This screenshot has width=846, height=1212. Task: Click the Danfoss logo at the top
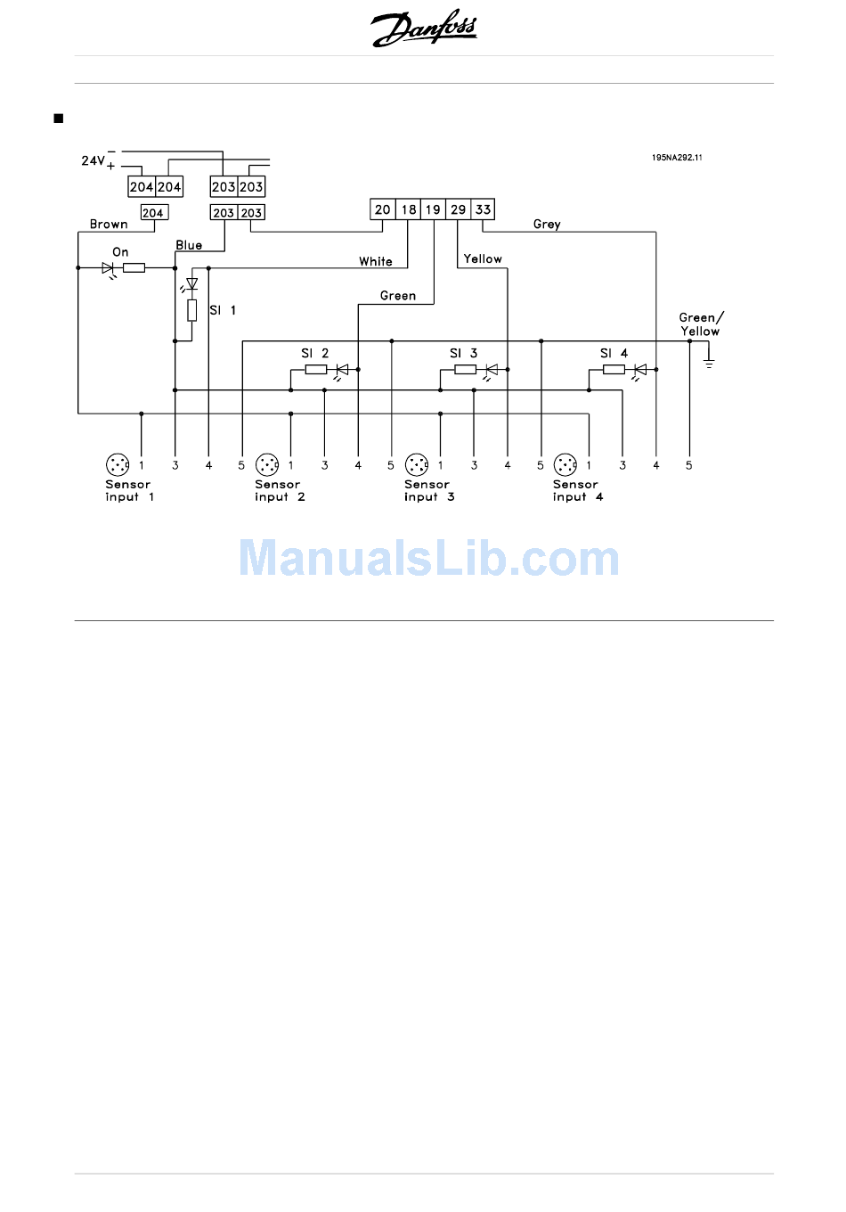[424, 29]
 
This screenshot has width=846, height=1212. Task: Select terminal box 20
[383, 209]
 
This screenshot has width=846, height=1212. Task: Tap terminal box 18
[408, 209]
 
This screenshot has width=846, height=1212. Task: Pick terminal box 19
[433, 209]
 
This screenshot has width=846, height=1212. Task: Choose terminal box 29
[458, 209]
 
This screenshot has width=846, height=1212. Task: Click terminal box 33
[483, 209]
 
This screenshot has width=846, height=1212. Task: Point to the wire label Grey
[547, 225]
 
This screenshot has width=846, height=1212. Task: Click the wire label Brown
[109, 225]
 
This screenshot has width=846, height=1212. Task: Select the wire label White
[376, 262]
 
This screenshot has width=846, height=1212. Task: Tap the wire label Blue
[189, 245]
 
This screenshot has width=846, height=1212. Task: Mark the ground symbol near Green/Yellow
[709, 362]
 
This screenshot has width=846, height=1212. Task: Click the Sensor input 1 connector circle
[118, 464]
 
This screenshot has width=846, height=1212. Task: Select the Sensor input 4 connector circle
[565, 464]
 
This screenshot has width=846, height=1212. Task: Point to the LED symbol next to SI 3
[491, 370]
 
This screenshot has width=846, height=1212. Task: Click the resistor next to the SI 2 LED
[316, 369]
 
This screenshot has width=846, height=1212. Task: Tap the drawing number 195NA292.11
[677, 158]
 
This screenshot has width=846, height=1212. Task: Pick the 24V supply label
[94, 161]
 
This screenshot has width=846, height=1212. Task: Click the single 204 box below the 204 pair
[153, 213]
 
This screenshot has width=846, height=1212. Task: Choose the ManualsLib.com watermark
[429, 559]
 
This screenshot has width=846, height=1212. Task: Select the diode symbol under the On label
[109, 267]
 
